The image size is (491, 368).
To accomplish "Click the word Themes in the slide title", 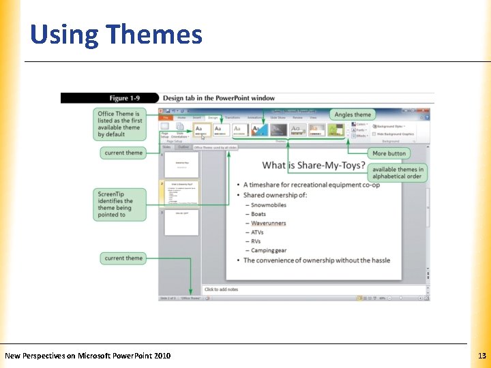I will (x=154, y=34).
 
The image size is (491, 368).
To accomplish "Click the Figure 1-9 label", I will (x=129, y=98).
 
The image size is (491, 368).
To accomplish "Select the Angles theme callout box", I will (x=353, y=114).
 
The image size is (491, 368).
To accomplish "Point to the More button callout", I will (x=389, y=153).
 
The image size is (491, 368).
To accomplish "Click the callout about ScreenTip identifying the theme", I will (x=119, y=204).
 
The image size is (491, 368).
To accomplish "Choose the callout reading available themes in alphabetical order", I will (x=398, y=173).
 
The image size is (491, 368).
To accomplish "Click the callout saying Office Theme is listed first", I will (x=119, y=123).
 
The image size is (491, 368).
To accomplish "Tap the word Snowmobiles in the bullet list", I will (x=269, y=205).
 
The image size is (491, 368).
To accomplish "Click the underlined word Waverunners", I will (x=268, y=224).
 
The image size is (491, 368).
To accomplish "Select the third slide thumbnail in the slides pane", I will (x=181, y=222).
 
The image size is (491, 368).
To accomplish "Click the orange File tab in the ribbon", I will (x=165, y=117).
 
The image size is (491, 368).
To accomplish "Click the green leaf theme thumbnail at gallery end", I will (x=335, y=129).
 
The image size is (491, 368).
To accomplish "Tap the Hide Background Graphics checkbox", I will (x=373, y=134).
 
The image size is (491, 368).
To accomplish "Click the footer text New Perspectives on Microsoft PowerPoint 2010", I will (x=88, y=356).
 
